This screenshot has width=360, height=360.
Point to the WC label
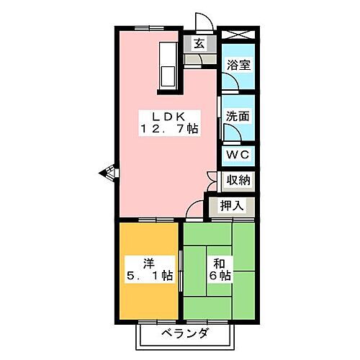(x=237, y=156)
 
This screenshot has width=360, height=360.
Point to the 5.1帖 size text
(x=148, y=274)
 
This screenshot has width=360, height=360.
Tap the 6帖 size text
(x=220, y=274)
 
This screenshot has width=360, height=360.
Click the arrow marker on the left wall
(x=105, y=172)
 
